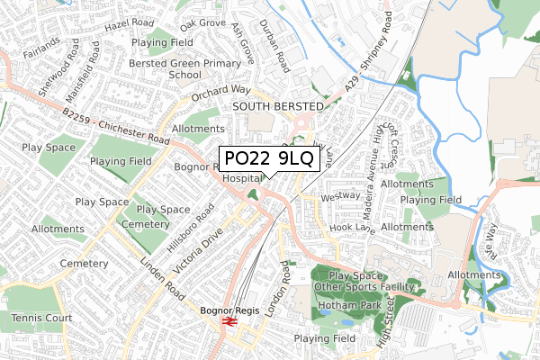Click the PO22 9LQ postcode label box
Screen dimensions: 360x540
click(268, 159)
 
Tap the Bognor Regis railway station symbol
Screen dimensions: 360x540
click(229, 319)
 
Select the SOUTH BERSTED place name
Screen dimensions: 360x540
click(276, 106)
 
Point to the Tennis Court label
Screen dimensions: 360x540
click(41, 318)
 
